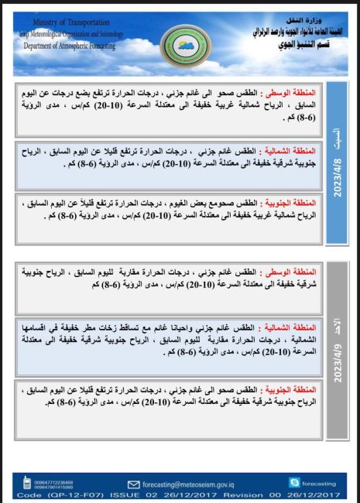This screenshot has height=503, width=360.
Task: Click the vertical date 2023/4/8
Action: point(337,179)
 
